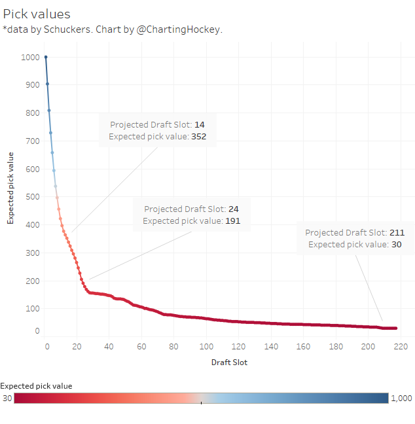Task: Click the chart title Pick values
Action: click(37, 14)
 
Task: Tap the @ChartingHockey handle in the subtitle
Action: click(179, 29)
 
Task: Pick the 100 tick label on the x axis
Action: click(206, 346)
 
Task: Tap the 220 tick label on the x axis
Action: click(401, 346)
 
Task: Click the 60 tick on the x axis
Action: click(141, 346)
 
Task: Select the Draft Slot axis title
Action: click(229, 362)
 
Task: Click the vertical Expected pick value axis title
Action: click(10, 188)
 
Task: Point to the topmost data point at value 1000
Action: click(46, 57)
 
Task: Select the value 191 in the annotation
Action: click(233, 221)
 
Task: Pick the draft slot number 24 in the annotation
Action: click(234, 209)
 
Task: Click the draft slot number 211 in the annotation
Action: click(397, 232)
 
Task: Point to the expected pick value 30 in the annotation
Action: click(397, 244)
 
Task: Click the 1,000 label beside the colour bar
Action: click(401, 398)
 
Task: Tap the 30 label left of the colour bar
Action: click(7, 398)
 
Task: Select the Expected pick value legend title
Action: click(37, 385)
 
